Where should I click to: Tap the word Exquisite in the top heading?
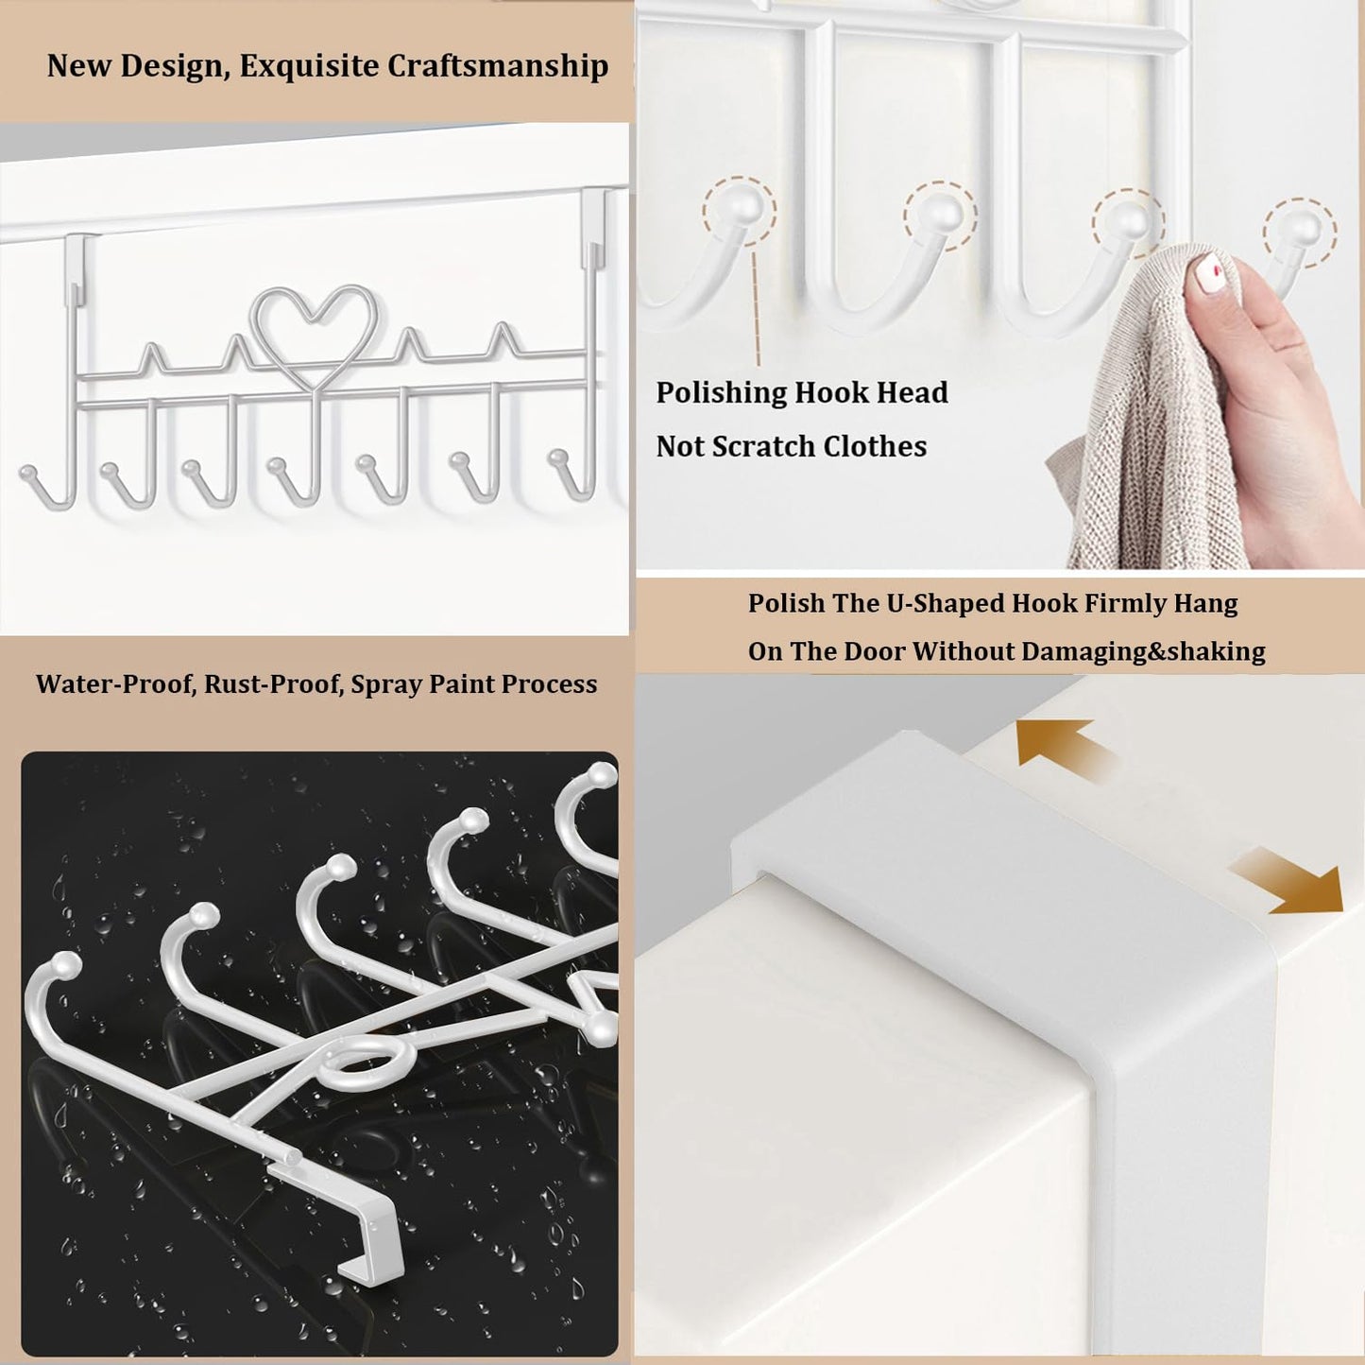(x=309, y=66)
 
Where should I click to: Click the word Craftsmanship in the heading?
(x=498, y=66)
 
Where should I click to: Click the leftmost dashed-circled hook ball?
(x=739, y=209)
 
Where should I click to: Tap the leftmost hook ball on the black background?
(x=65, y=964)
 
